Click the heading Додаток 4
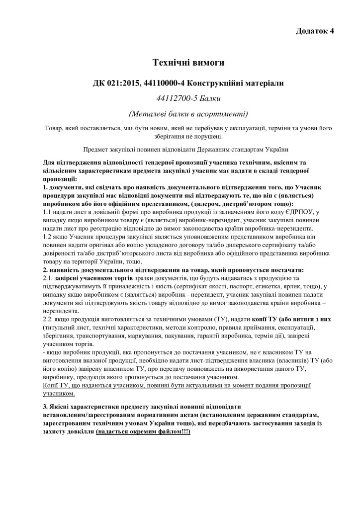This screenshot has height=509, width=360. coord(314,31)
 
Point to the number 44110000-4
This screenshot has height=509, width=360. coord(166,83)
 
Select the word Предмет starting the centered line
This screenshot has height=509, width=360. coord(99,149)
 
